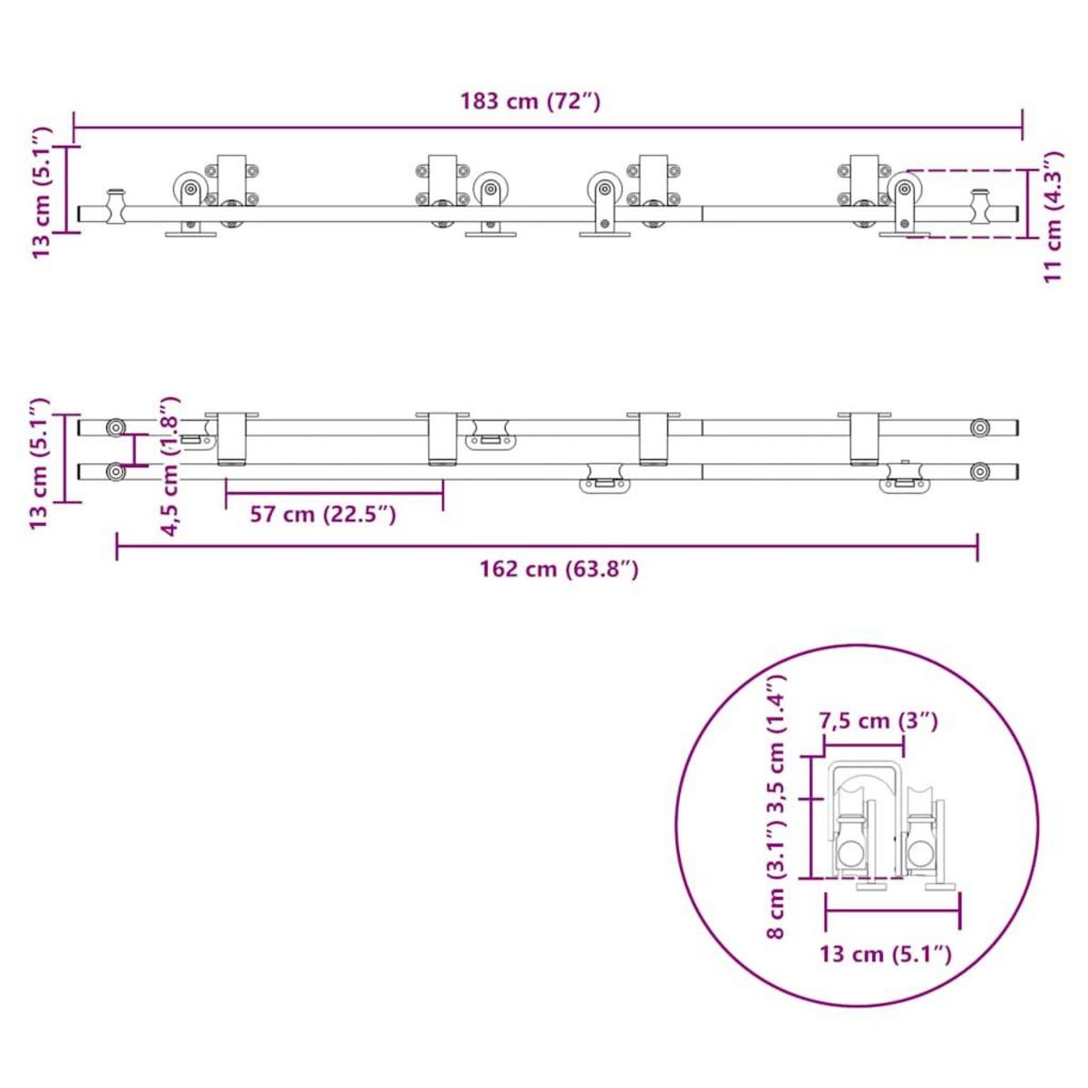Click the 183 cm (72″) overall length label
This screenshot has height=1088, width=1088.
tap(529, 101)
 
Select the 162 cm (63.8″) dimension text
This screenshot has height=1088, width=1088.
tap(559, 569)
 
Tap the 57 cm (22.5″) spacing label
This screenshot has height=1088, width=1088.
tap(323, 514)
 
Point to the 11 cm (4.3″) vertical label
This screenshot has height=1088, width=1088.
tap(1052, 217)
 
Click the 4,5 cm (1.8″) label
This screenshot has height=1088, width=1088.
tap(170, 466)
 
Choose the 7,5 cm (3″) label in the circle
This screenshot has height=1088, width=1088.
tap(878, 722)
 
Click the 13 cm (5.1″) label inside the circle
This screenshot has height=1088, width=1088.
tap(885, 954)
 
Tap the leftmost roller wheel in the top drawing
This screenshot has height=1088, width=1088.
tap(189, 190)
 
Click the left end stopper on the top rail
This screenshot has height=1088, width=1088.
tap(116, 207)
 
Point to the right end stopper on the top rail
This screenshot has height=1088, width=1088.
tap(980, 207)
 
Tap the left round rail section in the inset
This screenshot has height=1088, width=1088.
tap(850, 853)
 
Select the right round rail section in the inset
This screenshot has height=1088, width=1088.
tap(921, 853)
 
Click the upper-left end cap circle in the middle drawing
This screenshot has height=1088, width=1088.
tap(115, 427)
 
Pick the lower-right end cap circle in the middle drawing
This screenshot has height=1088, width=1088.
tap(979, 471)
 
